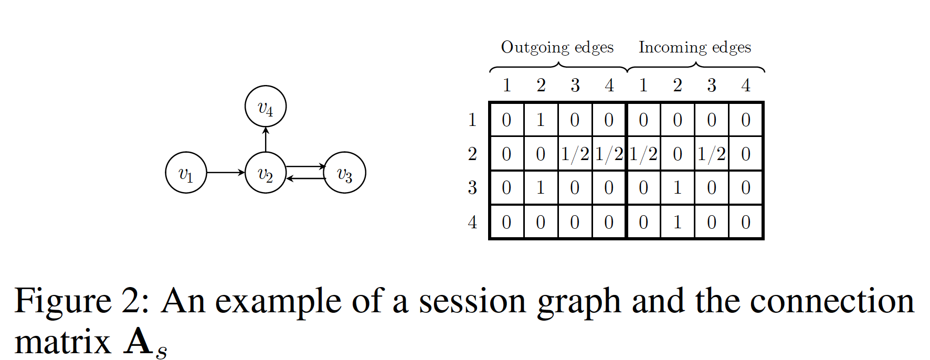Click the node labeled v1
coord(186,173)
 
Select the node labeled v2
coord(266,173)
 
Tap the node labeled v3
coord(345,173)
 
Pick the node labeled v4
coord(266,107)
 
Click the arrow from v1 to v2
coord(226,173)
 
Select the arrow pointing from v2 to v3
coord(305,167)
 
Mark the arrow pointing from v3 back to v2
coord(305,179)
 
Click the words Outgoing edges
coord(557,47)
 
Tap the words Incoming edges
coord(695,47)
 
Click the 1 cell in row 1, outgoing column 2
coord(541,120)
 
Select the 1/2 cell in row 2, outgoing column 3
coord(575,154)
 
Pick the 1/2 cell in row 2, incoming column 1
coord(643,154)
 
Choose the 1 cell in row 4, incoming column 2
coord(678,222)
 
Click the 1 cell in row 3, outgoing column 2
coord(541,188)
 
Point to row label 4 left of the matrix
coord(472,222)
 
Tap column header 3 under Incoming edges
coord(712,85)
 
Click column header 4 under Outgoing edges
coord(609,85)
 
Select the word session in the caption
coord(472,302)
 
